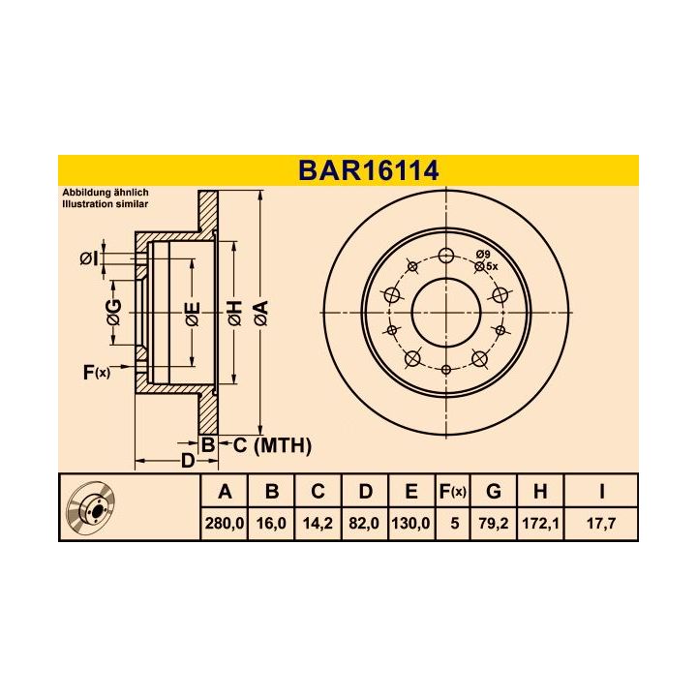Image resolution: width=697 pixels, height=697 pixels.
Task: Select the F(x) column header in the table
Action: [x=452, y=492]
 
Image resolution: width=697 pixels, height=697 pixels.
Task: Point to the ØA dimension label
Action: [x=260, y=312]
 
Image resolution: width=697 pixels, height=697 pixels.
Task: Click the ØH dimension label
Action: [x=234, y=312]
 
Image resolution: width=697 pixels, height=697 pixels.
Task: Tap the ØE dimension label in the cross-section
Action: [x=193, y=312]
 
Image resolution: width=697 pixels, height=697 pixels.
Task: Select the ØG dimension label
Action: [x=114, y=312]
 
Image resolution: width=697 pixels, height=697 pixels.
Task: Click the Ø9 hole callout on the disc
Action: [x=483, y=255]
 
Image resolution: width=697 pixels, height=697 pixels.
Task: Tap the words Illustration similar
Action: [x=104, y=205]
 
